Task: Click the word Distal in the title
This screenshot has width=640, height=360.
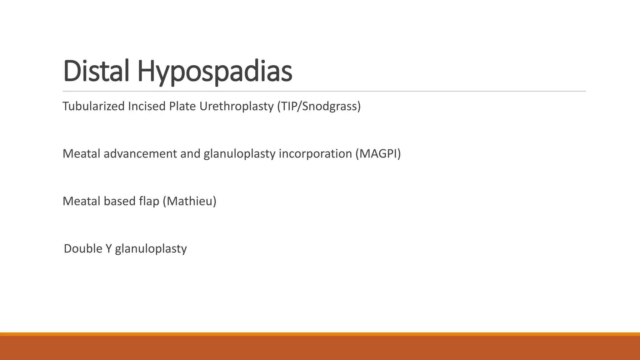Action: [x=96, y=71]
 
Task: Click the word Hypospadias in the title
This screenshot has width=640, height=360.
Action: [x=214, y=72]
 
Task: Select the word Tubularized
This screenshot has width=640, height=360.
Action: [x=93, y=106]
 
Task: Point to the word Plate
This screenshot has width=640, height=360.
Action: [x=182, y=106]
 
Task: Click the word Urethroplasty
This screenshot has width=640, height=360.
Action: [x=237, y=107]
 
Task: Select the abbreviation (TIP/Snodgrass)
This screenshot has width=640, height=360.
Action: [x=319, y=107]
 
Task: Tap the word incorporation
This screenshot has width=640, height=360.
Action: [x=315, y=154]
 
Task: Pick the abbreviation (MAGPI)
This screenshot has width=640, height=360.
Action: [x=378, y=154]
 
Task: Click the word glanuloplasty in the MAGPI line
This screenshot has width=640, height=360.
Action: [x=239, y=154]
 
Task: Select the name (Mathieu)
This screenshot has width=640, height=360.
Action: [x=190, y=201]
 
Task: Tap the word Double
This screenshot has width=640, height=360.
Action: [x=83, y=249]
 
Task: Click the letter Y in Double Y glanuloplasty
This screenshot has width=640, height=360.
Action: [x=108, y=249]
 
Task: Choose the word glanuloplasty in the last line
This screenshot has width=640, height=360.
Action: [x=151, y=249]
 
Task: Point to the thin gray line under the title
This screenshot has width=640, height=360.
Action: [x=324, y=91]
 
